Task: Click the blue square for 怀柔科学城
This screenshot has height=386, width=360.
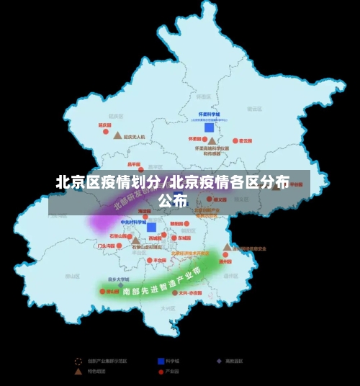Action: point(209,127)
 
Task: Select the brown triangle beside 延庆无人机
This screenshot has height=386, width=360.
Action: point(117,135)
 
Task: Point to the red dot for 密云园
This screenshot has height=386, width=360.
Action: point(233,141)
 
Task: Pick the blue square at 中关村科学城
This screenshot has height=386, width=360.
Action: point(151,228)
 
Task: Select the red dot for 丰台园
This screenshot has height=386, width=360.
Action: point(146,261)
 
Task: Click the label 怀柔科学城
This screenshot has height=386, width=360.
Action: point(210,115)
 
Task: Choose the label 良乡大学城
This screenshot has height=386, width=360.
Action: point(118,279)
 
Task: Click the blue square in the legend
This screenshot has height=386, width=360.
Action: point(160,361)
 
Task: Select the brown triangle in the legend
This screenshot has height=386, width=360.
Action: point(79,372)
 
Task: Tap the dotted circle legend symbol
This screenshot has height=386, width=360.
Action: point(78,361)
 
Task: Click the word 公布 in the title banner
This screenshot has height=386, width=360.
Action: point(173,200)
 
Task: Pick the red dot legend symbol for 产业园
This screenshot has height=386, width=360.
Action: point(160,372)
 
